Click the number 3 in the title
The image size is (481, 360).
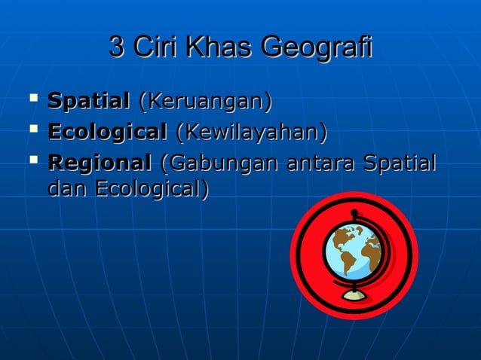(117, 47)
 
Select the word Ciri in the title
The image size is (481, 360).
(153, 47)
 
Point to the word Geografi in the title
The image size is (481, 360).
(316, 48)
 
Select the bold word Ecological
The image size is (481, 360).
(107, 133)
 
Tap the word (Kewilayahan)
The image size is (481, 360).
(251, 133)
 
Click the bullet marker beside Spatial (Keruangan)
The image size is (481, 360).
(31, 99)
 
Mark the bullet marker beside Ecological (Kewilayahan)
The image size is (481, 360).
(31, 132)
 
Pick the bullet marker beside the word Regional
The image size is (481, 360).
(31, 162)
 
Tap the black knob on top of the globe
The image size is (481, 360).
(354, 212)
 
